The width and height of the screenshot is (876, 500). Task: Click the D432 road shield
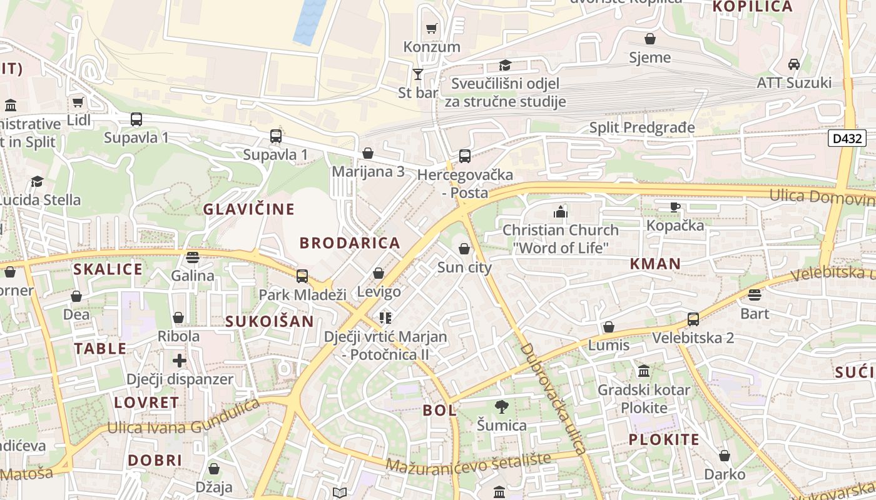tap(847, 138)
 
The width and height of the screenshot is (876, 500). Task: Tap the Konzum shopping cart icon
tap(431, 28)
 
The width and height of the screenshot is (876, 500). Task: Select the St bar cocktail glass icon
tap(418, 74)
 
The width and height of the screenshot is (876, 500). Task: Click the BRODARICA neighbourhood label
tap(349, 243)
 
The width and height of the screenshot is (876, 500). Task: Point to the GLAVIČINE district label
tap(248, 209)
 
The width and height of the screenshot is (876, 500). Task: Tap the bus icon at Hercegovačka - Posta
tap(464, 156)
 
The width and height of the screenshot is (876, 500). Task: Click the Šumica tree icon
tap(501, 407)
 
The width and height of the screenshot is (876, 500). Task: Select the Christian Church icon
tap(560, 212)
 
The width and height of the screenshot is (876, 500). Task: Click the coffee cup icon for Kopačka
tap(675, 207)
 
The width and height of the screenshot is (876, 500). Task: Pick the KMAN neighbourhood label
tap(655, 264)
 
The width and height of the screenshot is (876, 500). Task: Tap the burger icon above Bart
tap(755, 294)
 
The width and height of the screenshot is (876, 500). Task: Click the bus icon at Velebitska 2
tap(693, 319)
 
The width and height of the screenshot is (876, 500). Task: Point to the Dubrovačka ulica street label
tap(554, 398)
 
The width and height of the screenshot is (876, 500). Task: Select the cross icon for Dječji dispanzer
tap(180, 360)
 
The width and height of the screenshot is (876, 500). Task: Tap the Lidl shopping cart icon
tap(78, 102)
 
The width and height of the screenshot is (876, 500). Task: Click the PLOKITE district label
tap(664, 439)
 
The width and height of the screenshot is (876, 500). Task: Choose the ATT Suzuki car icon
tap(793, 64)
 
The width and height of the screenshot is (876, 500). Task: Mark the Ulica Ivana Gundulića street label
tap(183, 418)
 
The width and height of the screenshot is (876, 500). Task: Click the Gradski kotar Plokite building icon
tap(643, 371)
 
